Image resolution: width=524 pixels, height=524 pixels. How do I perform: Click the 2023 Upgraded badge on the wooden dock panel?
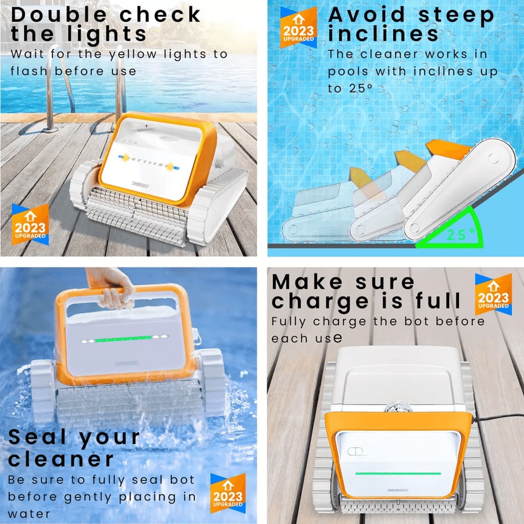coord(30,225)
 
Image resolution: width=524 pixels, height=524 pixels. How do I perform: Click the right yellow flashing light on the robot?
coord(170,166)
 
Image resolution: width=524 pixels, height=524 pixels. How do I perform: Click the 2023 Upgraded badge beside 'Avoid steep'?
coord(298,27)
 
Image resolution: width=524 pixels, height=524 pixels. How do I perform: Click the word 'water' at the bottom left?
coord(29,514)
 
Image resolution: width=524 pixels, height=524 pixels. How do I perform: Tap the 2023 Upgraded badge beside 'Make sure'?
coord(493,294)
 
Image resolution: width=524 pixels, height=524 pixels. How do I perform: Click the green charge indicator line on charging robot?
coord(398,473)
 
